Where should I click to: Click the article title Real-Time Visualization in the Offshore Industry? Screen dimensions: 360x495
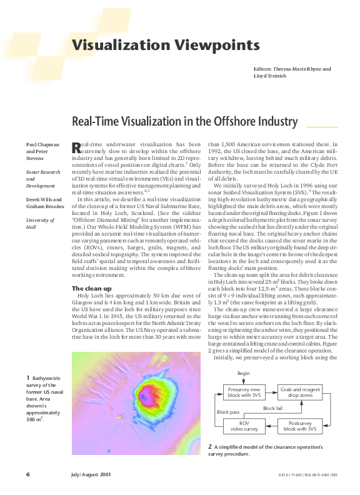click(185, 121)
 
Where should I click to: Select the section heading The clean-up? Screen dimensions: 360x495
click(92, 287)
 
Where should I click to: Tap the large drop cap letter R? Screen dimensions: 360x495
click(76, 148)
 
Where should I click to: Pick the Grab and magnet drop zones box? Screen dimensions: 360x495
click(299, 392)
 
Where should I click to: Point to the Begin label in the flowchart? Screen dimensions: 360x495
click(243, 372)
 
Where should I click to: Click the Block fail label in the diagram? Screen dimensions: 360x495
click(273, 407)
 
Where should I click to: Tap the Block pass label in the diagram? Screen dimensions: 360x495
click(228, 412)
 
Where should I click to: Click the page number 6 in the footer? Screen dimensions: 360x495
click(28, 474)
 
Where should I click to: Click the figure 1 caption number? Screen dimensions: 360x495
click(27, 377)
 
